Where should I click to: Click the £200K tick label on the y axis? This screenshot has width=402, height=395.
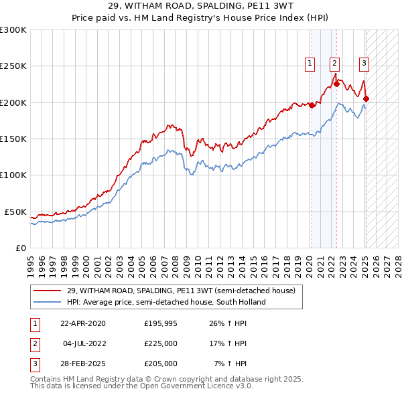(13, 102)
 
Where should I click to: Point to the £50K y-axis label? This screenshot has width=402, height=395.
(15, 212)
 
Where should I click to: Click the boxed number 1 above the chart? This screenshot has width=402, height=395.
(310, 64)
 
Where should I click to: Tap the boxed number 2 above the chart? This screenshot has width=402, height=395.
(334, 64)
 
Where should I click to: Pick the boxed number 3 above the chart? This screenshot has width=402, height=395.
(364, 64)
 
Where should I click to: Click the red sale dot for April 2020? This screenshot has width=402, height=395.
(312, 105)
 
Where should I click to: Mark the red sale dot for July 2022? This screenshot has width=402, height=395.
(336, 84)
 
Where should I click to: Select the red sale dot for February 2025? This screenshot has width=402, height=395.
(366, 99)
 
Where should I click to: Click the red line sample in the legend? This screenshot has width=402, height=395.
(47, 291)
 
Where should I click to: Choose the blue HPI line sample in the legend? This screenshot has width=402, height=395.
(47, 302)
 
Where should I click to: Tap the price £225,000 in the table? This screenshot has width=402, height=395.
(161, 344)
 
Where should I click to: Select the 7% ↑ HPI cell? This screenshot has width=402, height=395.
(230, 364)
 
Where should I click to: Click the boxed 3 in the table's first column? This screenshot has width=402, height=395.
(34, 364)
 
